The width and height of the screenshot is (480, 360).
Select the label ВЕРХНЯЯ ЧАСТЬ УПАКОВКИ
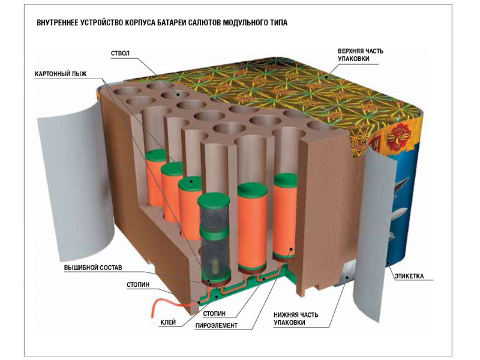[361, 55]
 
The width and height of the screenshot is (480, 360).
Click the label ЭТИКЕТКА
[409, 277]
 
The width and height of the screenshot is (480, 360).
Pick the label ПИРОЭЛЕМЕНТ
[216, 326]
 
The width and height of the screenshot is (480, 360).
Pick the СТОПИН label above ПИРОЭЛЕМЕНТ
[214, 313]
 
